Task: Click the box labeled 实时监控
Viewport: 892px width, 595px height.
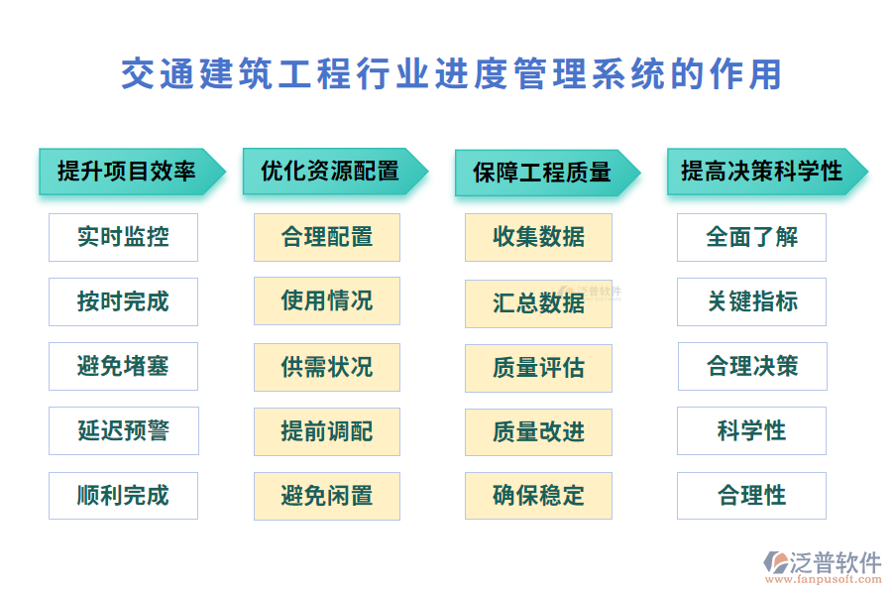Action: pyautogui.click(x=123, y=237)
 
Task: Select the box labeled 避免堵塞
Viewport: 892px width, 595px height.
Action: pyautogui.click(x=123, y=366)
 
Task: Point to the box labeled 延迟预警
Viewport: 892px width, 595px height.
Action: pyautogui.click(x=123, y=430)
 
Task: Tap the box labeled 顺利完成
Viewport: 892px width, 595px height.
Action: pyautogui.click(x=123, y=496)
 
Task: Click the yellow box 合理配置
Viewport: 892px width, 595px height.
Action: pyautogui.click(x=327, y=237)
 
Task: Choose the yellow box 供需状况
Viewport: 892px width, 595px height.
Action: pyautogui.click(x=327, y=367)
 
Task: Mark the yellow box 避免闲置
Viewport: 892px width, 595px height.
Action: pyautogui.click(x=327, y=496)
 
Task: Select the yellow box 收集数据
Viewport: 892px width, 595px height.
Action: pyautogui.click(x=538, y=237)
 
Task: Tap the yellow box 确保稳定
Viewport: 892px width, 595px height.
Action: pyautogui.click(x=538, y=496)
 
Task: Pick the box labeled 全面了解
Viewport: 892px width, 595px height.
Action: pyautogui.click(x=751, y=237)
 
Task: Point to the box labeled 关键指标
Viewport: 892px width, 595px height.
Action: pyautogui.click(x=751, y=301)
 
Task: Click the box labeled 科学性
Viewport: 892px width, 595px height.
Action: pyautogui.click(x=751, y=430)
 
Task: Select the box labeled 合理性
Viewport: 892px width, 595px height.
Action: pyautogui.click(x=751, y=496)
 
